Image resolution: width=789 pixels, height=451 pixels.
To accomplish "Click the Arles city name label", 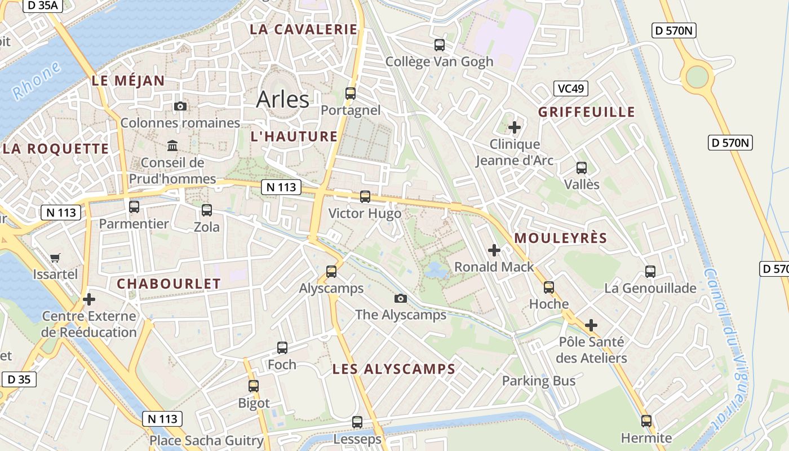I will click(x=282, y=99).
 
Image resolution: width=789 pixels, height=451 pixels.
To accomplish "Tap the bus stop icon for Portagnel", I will click(x=351, y=94).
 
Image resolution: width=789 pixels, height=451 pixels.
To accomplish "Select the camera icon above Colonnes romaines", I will click(x=180, y=107).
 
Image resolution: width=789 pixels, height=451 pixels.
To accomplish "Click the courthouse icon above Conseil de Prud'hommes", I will click(x=172, y=146).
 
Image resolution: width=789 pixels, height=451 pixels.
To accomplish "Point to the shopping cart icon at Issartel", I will click(x=55, y=258).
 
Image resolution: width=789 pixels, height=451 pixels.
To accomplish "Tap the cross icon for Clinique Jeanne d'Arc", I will click(x=514, y=127).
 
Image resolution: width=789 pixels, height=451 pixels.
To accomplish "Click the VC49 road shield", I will click(x=570, y=89).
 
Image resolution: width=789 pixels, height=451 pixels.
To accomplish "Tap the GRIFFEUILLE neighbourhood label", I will click(x=586, y=112).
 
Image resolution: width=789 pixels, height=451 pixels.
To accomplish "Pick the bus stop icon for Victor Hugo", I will click(x=365, y=197).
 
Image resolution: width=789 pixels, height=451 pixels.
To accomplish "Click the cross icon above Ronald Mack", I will click(x=494, y=250).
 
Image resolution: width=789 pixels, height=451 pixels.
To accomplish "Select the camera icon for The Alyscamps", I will click(x=401, y=298).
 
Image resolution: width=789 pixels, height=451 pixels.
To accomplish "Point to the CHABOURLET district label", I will click(x=169, y=284).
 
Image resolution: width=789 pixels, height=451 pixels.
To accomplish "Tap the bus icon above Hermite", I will click(x=646, y=421).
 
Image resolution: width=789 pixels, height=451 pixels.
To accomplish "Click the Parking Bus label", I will click(x=539, y=381).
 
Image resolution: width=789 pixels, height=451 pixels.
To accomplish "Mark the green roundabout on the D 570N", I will click(x=697, y=77).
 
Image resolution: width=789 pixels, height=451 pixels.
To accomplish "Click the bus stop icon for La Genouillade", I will click(x=650, y=272).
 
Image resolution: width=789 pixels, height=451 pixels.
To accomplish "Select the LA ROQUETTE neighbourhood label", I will click(x=56, y=149).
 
